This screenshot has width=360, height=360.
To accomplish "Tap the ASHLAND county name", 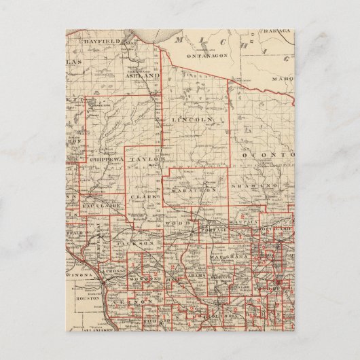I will coord(143,77).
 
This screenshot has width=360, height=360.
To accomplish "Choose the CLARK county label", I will coord(145,198).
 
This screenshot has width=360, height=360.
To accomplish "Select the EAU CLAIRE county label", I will coord(100,202).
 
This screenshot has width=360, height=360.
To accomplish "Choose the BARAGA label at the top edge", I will coord(280,32).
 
